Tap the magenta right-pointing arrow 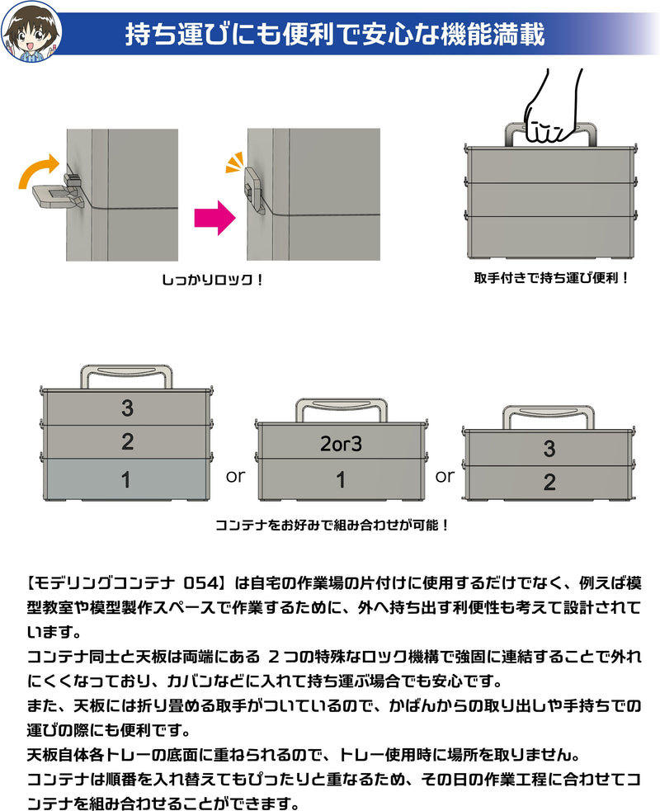(x=214, y=218)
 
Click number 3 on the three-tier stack (x=126, y=408)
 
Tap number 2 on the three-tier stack (x=126, y=441)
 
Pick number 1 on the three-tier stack (x=126, y=479)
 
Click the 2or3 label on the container (x=341, y=444)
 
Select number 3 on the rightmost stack (x=549, y=450)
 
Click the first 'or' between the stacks (x=235, y=477)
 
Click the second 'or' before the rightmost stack (x=445, y=476)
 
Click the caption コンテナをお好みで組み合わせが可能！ (x=332, y=525)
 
